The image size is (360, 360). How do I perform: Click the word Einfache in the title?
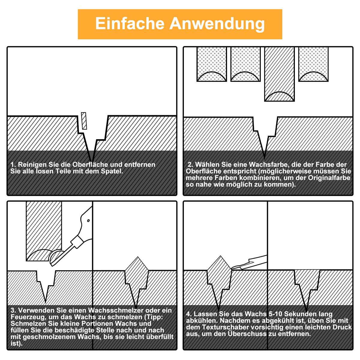coord(130,23)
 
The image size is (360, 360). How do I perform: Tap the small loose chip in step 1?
coord(84,121)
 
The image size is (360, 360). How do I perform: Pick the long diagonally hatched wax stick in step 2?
coord(279,74)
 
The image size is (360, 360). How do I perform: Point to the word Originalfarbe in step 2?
coord(329,178)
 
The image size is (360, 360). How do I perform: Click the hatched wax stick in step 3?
coord(44,231)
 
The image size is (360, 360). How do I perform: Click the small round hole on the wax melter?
coord(88,220)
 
